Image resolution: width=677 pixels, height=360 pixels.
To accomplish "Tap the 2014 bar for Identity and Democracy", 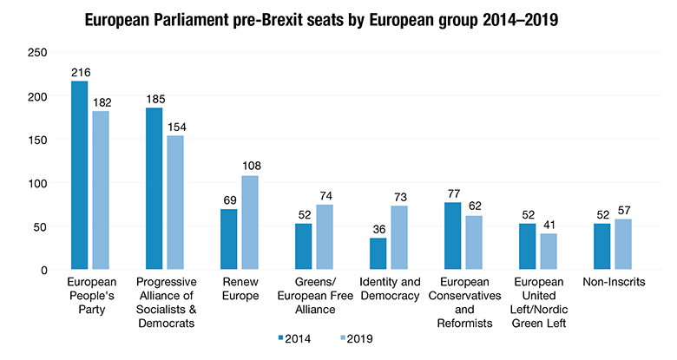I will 378,254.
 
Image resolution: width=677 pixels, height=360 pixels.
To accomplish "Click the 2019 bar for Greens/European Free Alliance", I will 325,238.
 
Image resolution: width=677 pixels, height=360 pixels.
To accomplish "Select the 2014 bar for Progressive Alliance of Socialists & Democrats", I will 154,189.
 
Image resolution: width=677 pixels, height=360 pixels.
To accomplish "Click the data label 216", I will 81,73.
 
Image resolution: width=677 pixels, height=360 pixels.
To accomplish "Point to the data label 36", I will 378,229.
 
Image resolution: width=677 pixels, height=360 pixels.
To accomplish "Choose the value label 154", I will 176,127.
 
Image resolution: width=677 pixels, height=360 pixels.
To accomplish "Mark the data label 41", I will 549,225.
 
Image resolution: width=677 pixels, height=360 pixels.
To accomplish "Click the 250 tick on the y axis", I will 37,53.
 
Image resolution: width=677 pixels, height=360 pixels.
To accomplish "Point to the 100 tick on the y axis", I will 37,183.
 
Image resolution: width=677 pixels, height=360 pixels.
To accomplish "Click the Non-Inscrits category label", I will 613,282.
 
